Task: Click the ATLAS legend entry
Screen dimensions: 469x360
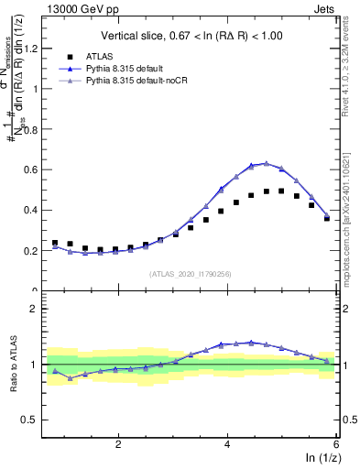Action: point(120,58)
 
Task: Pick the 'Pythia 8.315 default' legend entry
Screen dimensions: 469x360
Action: point(145,70)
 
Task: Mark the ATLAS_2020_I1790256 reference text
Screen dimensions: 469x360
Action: point(191,273)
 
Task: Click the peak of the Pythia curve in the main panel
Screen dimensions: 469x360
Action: point(266,163)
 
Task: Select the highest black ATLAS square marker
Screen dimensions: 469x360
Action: point(281,191)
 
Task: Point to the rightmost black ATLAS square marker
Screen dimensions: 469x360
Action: point(327,218)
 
